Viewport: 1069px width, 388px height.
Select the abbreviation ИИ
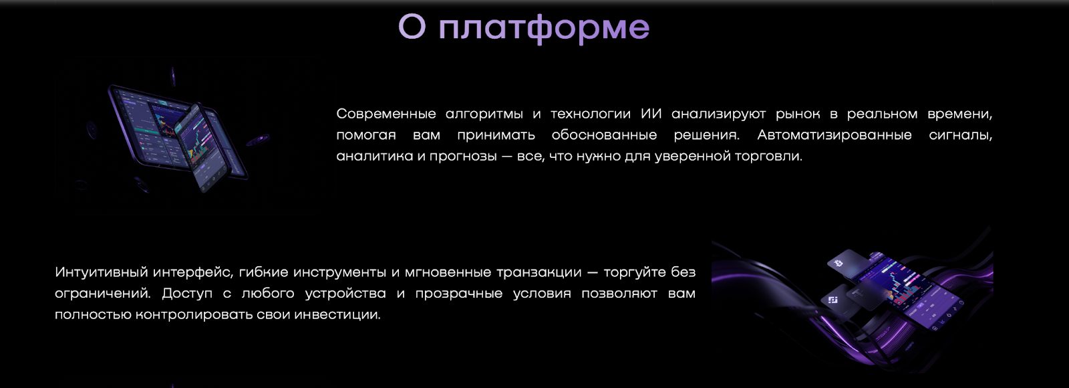pos(651,114)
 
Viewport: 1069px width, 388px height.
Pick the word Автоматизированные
pos(834,135)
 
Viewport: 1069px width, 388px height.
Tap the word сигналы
pos(960,135)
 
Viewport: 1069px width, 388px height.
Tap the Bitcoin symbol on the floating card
pos(838,264)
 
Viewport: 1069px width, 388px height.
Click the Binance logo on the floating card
pos(833,300)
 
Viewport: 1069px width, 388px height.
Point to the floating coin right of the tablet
pos(257,140)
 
